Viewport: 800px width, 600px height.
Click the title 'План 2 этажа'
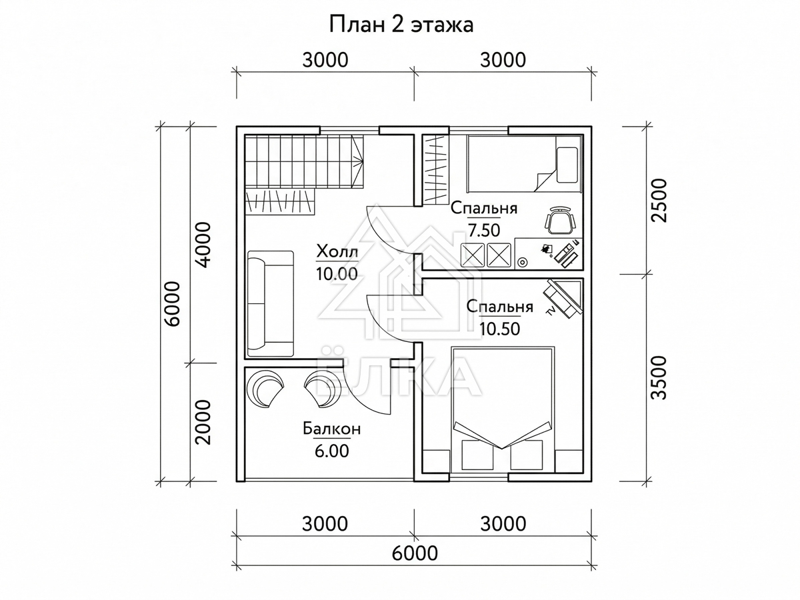click(401, 25)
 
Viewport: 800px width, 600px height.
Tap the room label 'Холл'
click(337, 252)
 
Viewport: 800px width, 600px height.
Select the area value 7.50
click(484, 230)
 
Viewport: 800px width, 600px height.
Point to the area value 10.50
click(499, 329)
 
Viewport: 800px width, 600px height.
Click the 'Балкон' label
click(331, 429)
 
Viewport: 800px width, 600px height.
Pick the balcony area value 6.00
click(331, 451)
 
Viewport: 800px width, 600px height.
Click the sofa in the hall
click(271, 303)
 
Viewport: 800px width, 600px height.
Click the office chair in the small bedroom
click(561, 221)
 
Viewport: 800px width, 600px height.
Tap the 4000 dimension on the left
click(203, 245)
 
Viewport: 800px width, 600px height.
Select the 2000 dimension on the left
click(203, 423)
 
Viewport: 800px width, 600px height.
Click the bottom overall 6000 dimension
click(415, 554)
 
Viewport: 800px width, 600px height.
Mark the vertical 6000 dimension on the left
click(173, 304)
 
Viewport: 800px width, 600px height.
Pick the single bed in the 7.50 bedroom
click(525, 163)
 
